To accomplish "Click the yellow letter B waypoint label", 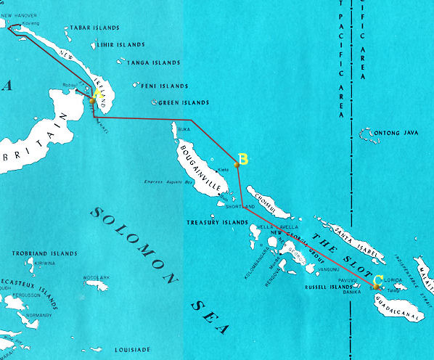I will pyautogui.click(x=244, y=159).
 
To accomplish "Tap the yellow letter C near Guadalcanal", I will pyautogui.click(x=378, y=280).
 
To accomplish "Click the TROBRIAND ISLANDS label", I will pyautogui.click(x=45, y=253).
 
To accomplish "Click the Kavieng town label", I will pyautogui.click(x=30, y=23).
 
